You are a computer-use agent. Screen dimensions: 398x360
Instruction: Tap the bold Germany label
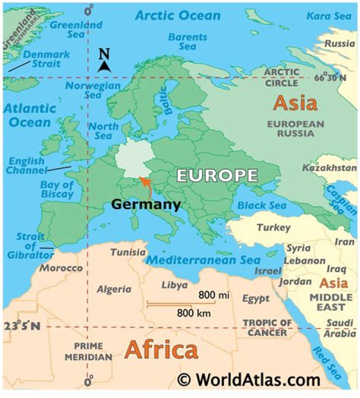click(x=145, y=204)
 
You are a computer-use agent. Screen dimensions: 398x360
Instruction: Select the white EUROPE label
click(x=217, y=176)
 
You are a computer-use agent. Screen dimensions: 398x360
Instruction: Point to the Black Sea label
click(x=261, y=206)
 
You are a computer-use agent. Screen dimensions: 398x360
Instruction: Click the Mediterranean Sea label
click(x=203, y=260)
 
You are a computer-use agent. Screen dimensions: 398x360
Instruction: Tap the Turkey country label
click(x=273, y=228)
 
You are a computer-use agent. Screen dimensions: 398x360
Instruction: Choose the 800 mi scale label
click(x=213, y=296)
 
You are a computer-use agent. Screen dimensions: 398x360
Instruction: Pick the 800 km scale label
click(x=193, y=314)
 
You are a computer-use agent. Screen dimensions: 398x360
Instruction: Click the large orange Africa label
click(x=161, y=350)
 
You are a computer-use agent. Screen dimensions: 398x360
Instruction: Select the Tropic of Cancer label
click(x=267, y=328)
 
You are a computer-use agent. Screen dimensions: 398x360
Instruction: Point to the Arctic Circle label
click(x=282, y=77)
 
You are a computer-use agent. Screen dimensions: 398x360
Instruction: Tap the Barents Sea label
click(x=187, y=41)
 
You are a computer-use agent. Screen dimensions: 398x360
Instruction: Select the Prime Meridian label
click(x=88, y=352)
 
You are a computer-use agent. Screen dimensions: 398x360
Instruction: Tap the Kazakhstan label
click(x=329, y=168)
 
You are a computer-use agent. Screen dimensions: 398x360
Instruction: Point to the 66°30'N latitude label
click(x=330, y=78)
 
